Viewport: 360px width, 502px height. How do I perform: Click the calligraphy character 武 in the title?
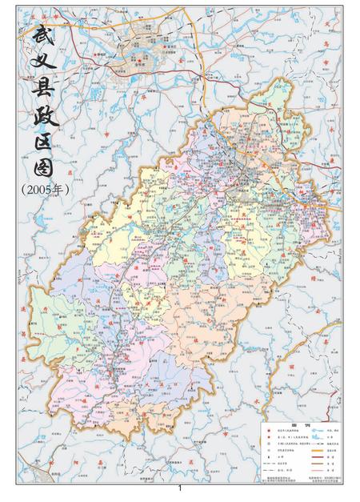(x=40, y=36)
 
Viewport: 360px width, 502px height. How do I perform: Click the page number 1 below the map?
(x=180, y=488)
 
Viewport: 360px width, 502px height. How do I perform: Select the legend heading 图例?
(x=299, y=424)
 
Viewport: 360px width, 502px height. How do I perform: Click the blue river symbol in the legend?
(x=322, y=432)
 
